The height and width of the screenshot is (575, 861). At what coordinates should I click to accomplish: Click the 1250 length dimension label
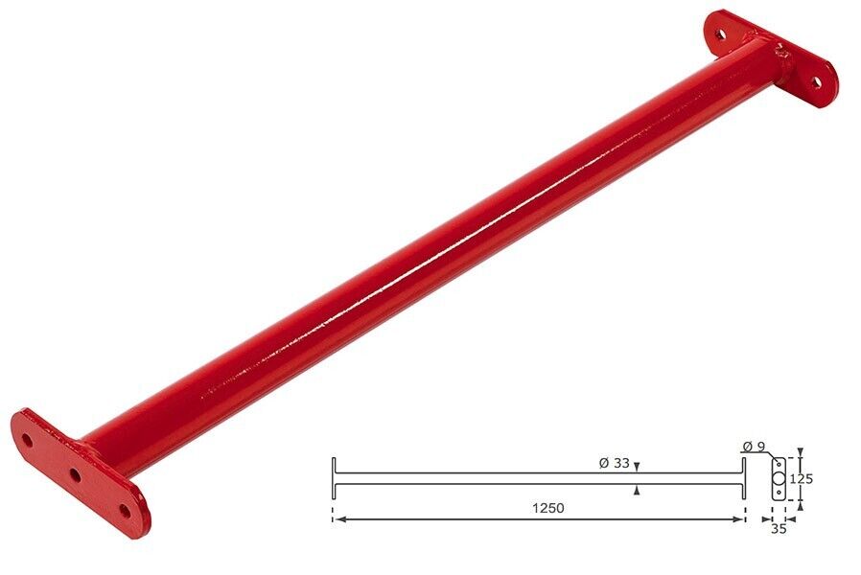pyautogui.click(x=548, y=508)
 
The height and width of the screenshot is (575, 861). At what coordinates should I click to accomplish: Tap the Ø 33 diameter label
pyautogui.click(x=614, y=463)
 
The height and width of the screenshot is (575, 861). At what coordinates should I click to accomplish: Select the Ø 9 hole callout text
pyautogui.click(x=753, y=446)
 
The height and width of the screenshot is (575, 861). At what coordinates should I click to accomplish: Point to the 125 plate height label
pyautogui.click(x=802, y=479)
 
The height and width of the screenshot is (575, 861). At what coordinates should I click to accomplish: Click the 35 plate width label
pyautogui.click(x=779, y=529)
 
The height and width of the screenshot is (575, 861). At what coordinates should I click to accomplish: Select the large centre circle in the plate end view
pyautogui.click(x=779, y=479)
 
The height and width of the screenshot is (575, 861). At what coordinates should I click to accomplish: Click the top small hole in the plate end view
pyautogui.click(x=779, y=464)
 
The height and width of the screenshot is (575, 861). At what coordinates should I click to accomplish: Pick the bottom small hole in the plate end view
pyautogui.click(x=779, y=494)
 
